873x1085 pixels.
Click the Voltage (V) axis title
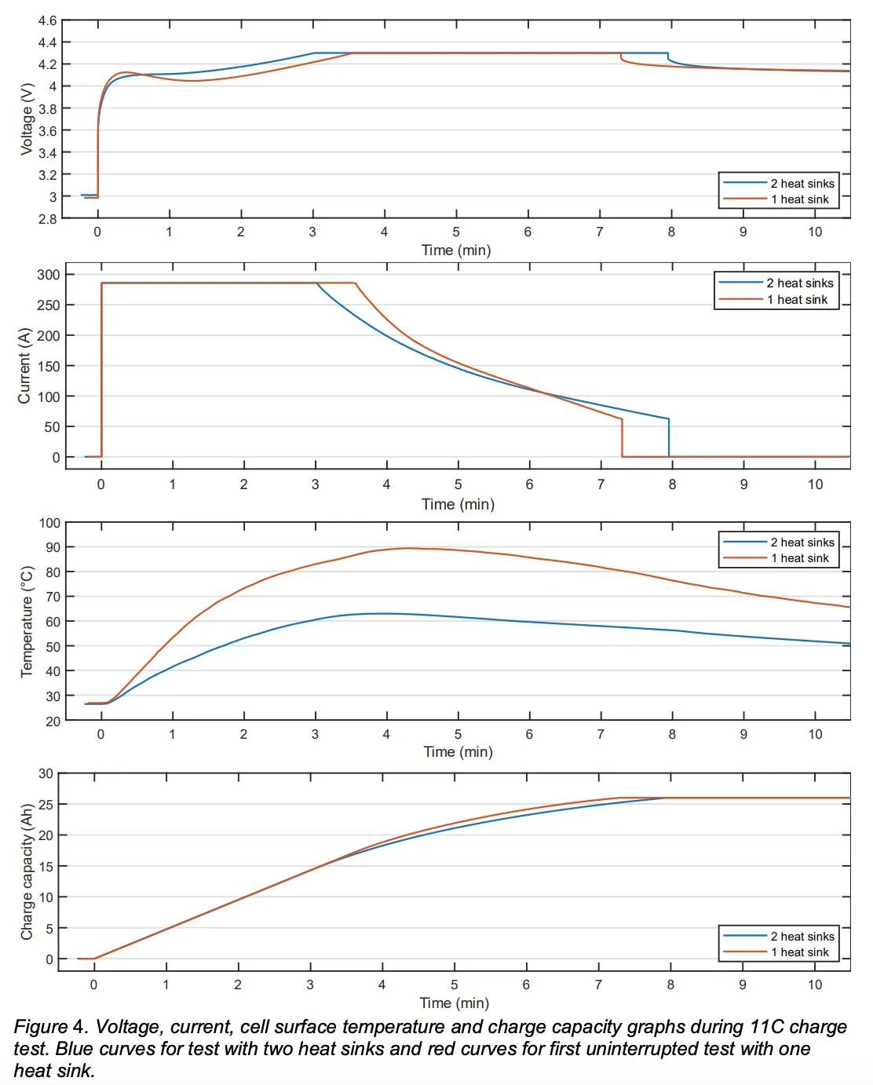tap(27, 119)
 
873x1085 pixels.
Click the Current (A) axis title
tap(24, 366)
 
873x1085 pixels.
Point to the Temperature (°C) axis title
tap(27, 621)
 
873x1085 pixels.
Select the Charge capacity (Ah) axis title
tap(27, 871)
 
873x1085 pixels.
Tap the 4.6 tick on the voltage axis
tap(47, 20)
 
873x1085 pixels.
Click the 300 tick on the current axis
tap(48, 275)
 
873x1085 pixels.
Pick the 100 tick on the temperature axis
tap(49, 523)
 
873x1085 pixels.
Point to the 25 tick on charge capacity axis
tap(46, 805)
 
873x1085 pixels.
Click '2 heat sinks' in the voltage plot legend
tap(802, 184)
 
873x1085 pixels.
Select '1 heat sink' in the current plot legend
tap(798, 300)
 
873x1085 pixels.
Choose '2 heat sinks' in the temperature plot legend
tap(802, 542)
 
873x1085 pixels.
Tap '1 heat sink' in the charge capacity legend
tap(799, 952)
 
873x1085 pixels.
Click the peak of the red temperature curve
tap(407, 548)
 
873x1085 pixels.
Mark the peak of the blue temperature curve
tap(382, 613)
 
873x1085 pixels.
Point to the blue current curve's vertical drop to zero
tap(669, 438)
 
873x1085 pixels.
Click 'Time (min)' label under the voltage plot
tap(456, 250)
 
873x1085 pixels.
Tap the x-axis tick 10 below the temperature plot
tap(815, 734)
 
